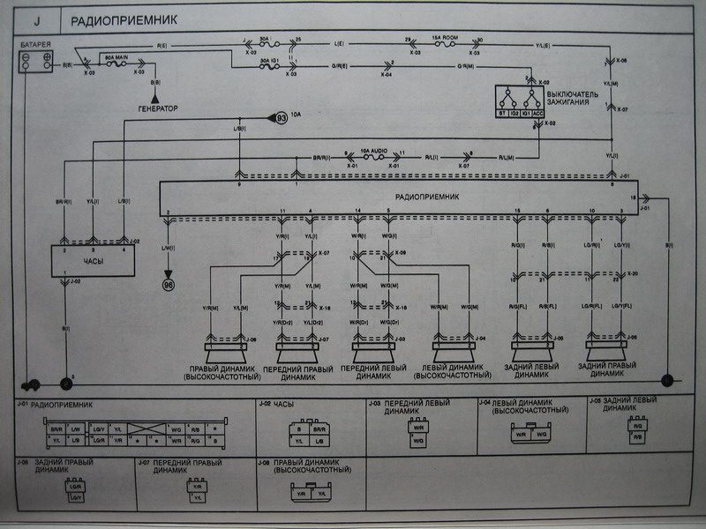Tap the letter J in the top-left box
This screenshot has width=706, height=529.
pyautogui.click(x=37, y=19)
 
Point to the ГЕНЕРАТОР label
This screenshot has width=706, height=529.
pyautogui.click(x=157, y=108)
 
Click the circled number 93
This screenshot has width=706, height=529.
pyautogui.click(x=281, y=117)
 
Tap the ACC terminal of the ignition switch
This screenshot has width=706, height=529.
pyautogui.click(x=537, y=113)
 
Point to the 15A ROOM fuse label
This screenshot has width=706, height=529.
pyautogui.click(x=444, y=38)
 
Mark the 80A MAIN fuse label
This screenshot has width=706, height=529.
pyautogui.click(x=118, y=55)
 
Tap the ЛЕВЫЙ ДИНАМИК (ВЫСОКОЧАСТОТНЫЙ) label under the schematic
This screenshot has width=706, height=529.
pyautogui.click(x=457, y=370)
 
